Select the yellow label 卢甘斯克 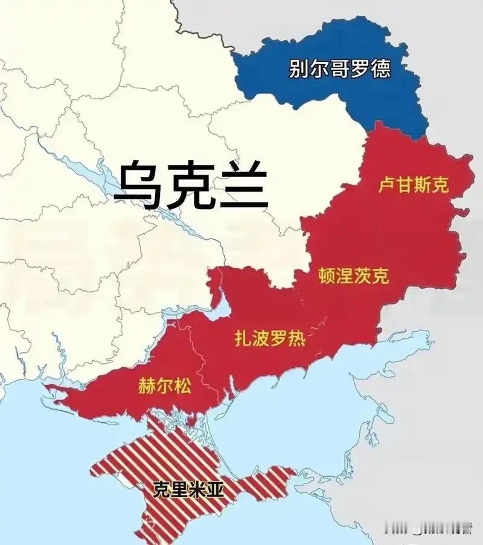(x=414, y=184)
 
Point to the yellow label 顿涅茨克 (x=353, y=276)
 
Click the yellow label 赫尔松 (x=164, y=385)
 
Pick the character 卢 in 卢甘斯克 (x=386, y=184)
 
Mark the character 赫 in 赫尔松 (x=147, y=385)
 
